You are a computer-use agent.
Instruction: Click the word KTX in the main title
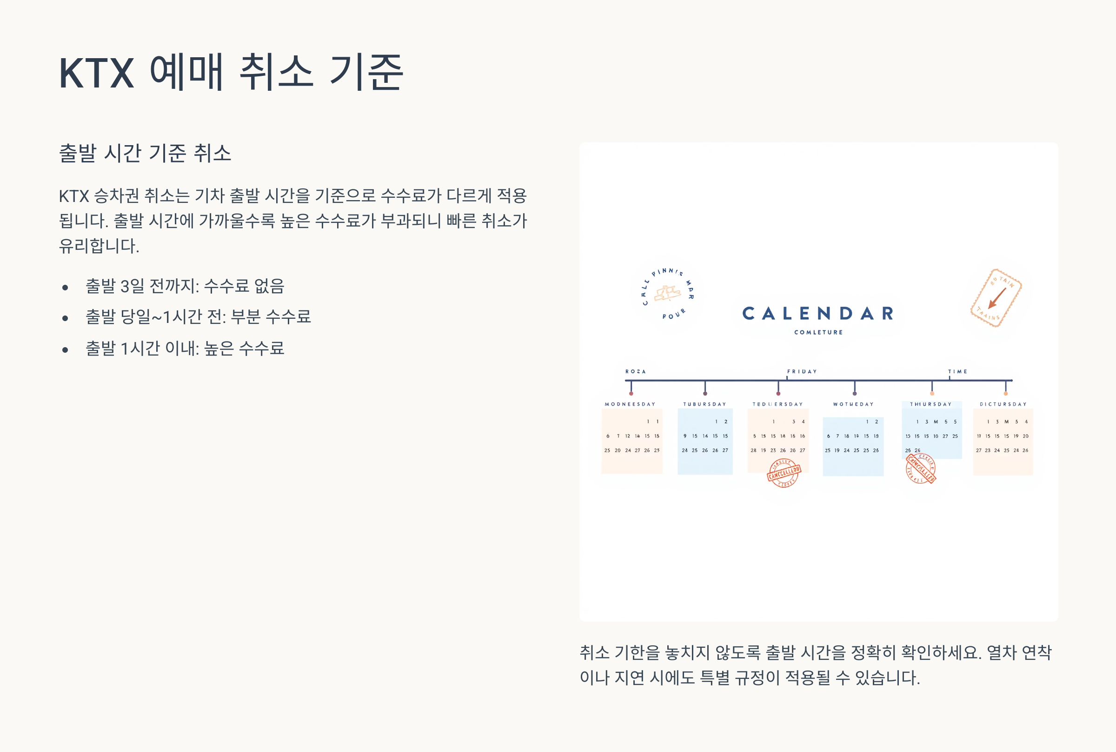[x=96, y=73]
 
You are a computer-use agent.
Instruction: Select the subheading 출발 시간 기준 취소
[x=145, y=153]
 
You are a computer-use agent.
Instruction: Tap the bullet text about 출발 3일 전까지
[x=185, y=286]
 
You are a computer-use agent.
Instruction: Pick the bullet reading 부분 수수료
[x=271, y=316]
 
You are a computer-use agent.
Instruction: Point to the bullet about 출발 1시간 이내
[x=185, y=348]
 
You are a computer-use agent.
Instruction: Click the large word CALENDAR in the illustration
[x=818, y=314]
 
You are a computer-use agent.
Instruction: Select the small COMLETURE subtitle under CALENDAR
[x=818, y=332]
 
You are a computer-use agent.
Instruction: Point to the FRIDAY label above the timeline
[x=802, y=372]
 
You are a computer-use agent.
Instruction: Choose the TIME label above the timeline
[x=957, y=372]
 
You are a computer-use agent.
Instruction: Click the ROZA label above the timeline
[x=635, y=372]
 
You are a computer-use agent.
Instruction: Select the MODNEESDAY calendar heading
[x=630, y=404]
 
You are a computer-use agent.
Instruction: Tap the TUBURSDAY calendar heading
[x=704, y=404]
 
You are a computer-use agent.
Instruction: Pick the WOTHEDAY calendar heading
[x=853, y=404]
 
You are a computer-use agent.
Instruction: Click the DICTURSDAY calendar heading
[x=1003, y=404]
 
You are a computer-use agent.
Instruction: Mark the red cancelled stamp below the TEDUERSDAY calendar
[x=784, y=473]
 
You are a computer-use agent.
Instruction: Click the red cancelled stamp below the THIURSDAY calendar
[x=921, y=469]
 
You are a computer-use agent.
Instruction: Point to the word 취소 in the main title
[x=276, y=73]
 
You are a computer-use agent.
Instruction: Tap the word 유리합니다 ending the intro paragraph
[x=99, y=246]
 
